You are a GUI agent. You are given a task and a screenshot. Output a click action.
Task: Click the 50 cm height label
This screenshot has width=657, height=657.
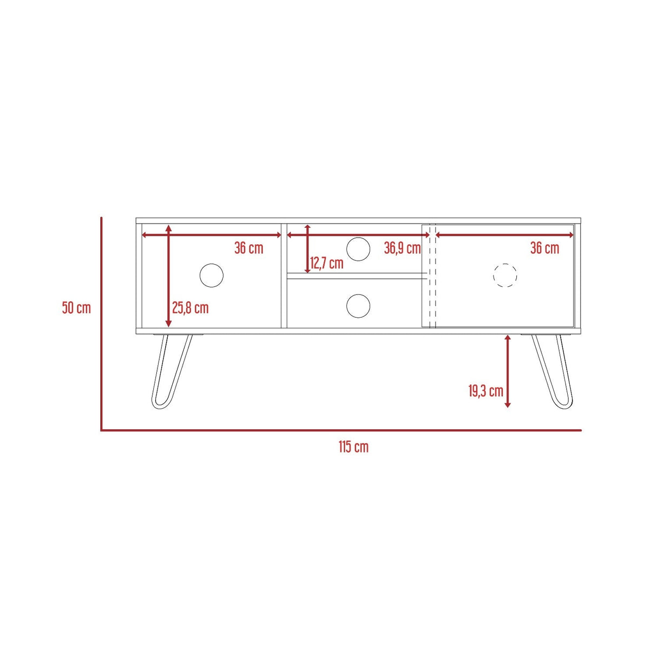[x=76, y=308]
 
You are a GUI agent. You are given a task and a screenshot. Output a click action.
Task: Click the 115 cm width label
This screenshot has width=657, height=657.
[x=353, y=447]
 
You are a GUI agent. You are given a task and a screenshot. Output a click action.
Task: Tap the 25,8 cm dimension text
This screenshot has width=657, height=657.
[x=190, y=308]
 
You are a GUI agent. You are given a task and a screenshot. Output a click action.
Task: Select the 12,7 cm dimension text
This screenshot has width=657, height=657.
[x=327, y=264]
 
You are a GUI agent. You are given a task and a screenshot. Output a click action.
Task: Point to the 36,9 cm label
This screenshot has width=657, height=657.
[x=402, y=248]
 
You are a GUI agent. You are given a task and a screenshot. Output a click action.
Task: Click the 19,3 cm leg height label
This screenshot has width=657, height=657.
[x=485, y=391]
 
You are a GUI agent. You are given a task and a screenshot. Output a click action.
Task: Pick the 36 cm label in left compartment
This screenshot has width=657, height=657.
[x=249, y=248]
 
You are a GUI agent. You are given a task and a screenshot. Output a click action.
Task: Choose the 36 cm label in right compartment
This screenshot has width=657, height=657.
[x=544, y=248]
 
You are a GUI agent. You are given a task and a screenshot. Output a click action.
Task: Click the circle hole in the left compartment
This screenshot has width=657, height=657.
[x=211, y=275]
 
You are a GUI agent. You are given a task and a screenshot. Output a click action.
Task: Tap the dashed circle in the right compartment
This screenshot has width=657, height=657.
[x=505, y=275]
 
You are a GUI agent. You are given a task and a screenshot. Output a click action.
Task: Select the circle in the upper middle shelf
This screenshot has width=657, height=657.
[x=358, y=249]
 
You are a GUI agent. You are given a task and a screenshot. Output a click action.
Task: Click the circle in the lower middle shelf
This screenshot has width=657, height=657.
[x=358, y=306]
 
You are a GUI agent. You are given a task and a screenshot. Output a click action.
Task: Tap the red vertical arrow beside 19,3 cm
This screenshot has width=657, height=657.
[x=508, y=371]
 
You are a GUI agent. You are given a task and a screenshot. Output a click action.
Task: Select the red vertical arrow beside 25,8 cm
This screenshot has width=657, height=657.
[x=169, y=276]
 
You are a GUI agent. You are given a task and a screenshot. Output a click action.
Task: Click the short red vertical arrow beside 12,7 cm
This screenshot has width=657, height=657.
[x=307, y=248]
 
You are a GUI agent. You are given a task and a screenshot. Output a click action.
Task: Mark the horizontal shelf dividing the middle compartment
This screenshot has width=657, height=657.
[x=354, y=276]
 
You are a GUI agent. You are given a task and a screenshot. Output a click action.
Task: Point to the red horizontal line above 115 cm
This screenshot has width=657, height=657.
[x=341, y=430]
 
